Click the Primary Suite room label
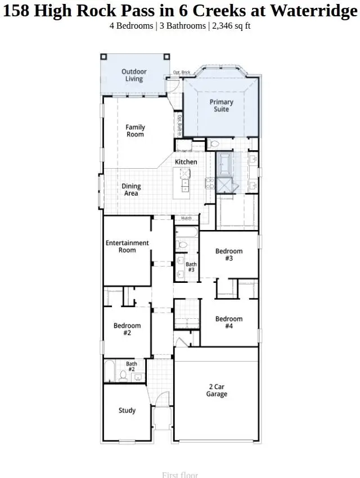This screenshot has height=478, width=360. click(x=221, y=106)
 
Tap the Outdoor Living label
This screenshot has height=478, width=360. click(x=134, y=75)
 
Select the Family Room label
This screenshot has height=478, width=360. click(x=135, y=131)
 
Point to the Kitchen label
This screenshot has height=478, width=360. click(x=186, y=162)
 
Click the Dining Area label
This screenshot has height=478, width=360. click(x=131, y=190)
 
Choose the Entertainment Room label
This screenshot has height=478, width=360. click(x=127, y=246)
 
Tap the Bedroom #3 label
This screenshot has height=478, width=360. click(x=229, y=255)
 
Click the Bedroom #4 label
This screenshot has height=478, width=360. click(x=229, y=322)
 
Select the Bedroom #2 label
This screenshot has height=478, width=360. click(x=127, y=329)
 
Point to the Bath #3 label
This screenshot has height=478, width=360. click(x=191, y=267)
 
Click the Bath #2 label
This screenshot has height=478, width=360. click(x=131, y=366)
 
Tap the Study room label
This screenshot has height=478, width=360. click(x=127, y=411)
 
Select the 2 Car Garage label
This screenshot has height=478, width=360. click(x=217, y=390)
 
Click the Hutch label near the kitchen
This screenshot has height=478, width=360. click(x=186, y=218)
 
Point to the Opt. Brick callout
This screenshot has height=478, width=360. click(x=181, y=73)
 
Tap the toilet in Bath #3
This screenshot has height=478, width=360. click(x=182, y=245)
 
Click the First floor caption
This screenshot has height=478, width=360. click(x=180, y=475)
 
